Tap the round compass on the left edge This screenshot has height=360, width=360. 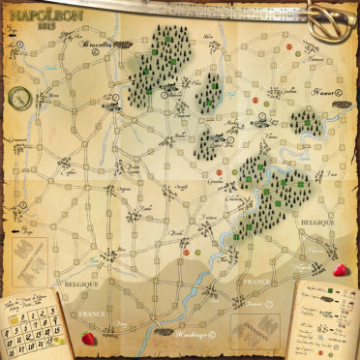click(x=17, y=96)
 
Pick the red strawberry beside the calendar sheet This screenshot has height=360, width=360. click(x=89, y=338)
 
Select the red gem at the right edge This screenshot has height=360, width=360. click(x=341, y=271)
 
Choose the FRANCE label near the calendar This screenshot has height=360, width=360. click(x=92, y=315)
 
